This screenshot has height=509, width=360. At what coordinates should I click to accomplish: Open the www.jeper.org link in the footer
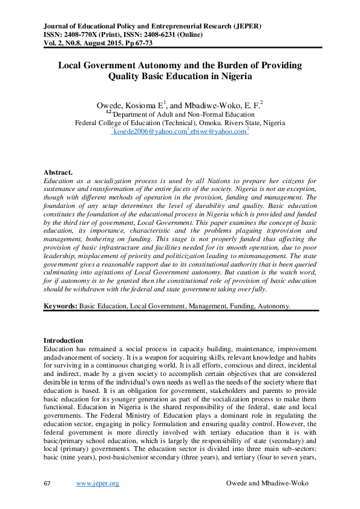pos(97,483)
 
